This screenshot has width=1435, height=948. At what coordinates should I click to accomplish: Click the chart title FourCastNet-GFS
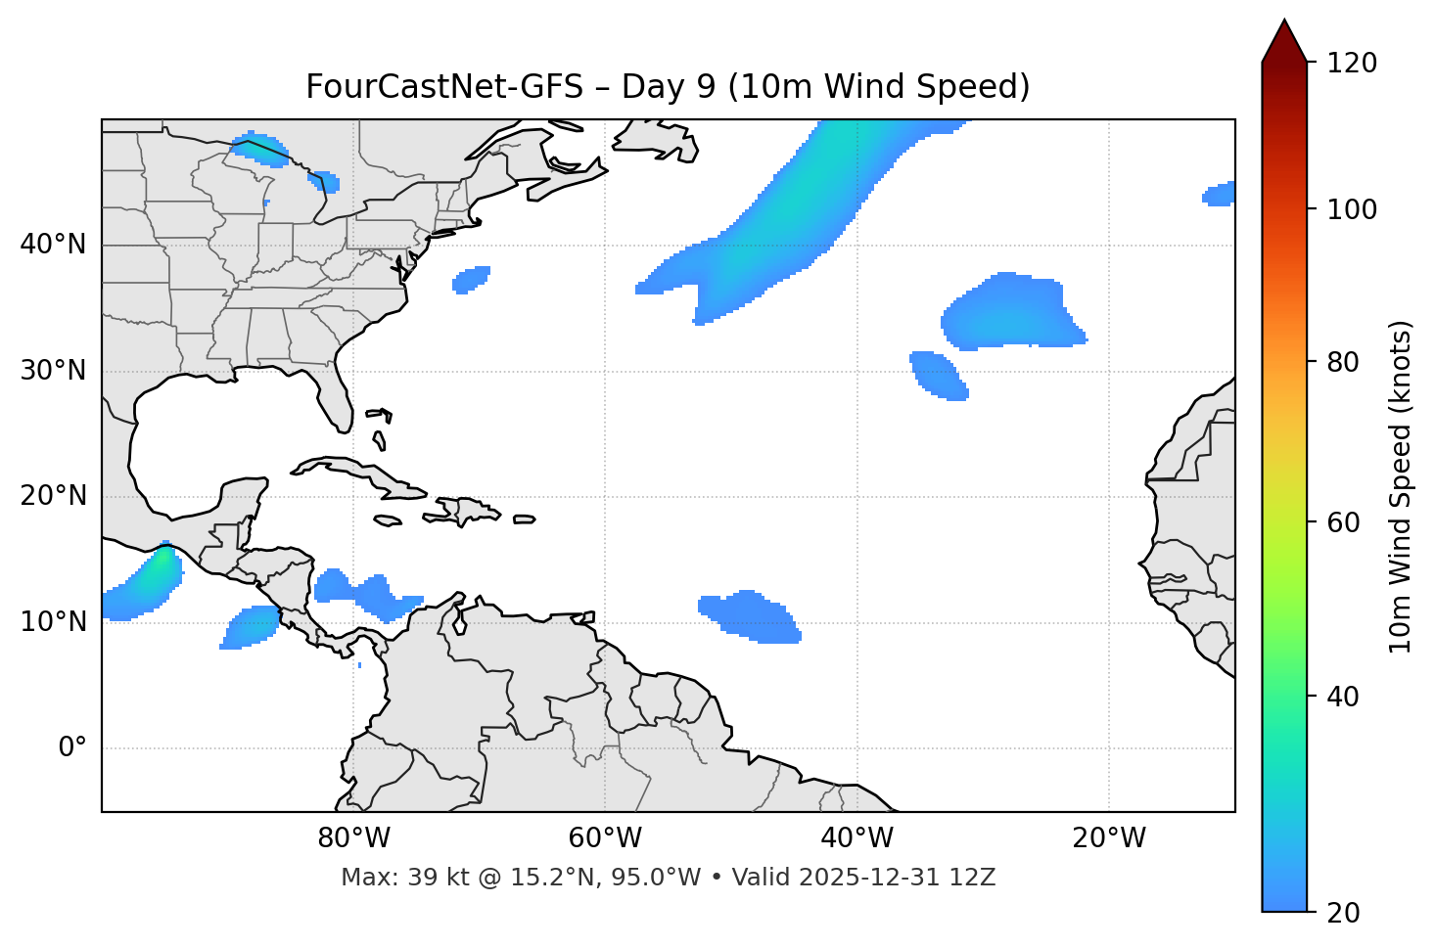[x=668, y=87]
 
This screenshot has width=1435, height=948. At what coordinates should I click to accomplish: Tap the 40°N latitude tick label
[x=53, y=245]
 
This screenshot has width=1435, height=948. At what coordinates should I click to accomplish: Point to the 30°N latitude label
[x=53, y=371]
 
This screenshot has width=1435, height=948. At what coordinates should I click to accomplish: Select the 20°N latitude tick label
[x=53, y=496]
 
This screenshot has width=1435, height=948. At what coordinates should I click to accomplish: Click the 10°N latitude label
[x=53, y=622]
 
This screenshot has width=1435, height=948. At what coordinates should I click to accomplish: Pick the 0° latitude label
[x=71, y=748]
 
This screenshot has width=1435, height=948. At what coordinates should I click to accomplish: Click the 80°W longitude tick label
[x=353, y=838]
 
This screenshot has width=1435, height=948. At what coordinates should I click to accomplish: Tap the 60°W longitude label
[x=605, y=838]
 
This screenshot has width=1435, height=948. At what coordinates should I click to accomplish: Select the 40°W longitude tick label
[x=856, y=838]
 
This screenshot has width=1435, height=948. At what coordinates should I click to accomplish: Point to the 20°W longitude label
[x=1108, y=838]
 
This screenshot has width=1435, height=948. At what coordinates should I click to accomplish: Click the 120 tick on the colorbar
[x=1352, y=64]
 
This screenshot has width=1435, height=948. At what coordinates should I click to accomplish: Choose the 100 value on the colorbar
[x=1352, y=209]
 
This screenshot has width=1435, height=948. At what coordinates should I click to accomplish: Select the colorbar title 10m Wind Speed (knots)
[x=1401, y=486]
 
